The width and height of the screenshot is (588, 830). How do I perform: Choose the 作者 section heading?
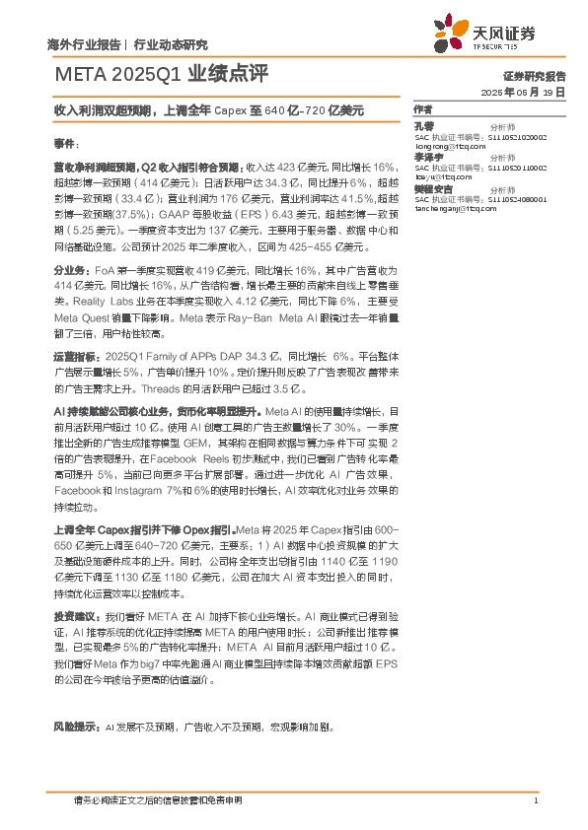pos(424,108)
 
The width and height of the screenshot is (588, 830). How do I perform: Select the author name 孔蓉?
pos(423,126)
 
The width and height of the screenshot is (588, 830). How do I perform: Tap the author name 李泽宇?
pos(427,157)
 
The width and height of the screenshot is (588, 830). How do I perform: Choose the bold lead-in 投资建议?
pos(75,613)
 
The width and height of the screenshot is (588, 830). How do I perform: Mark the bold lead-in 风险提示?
pos(75,726)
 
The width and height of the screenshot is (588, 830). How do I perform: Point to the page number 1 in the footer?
pos(535,799)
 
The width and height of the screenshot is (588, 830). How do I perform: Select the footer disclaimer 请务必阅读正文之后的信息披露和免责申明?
pos(158,799)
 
